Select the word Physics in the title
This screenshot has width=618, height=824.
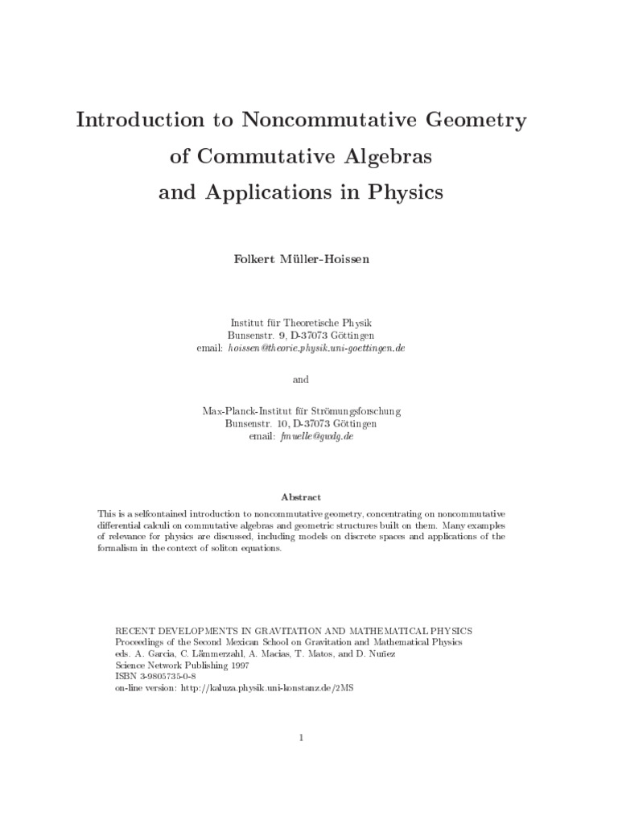[399, 194]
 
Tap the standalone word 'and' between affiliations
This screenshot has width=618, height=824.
[300, 378]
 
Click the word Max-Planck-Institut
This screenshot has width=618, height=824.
[243, 410]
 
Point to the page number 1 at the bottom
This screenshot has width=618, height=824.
[300, 737]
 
